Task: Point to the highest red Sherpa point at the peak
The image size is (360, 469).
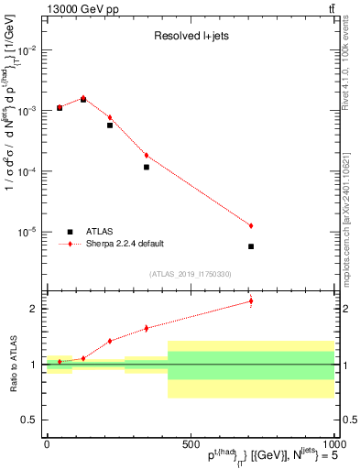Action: coord(83,98)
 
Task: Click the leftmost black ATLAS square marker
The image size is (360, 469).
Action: coord(60,108)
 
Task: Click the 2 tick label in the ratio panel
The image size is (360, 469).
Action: coord(35,309)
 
